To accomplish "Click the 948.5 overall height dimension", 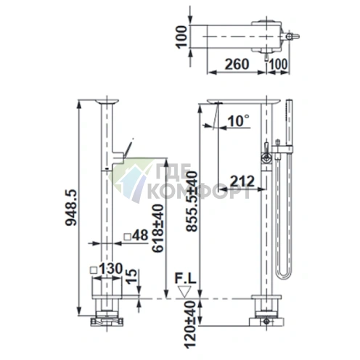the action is [71, 208].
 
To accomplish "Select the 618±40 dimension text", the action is [158, 228].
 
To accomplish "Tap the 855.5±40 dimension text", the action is [192, 201].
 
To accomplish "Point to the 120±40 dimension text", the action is [191, 324].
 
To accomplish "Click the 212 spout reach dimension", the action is [242, 181].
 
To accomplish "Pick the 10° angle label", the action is [238, 120].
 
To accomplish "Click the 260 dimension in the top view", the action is [237, 64].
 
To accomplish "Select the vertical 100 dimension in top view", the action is [181, 37].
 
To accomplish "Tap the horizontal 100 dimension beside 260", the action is [278, 64].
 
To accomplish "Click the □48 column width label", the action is [136, 235].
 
